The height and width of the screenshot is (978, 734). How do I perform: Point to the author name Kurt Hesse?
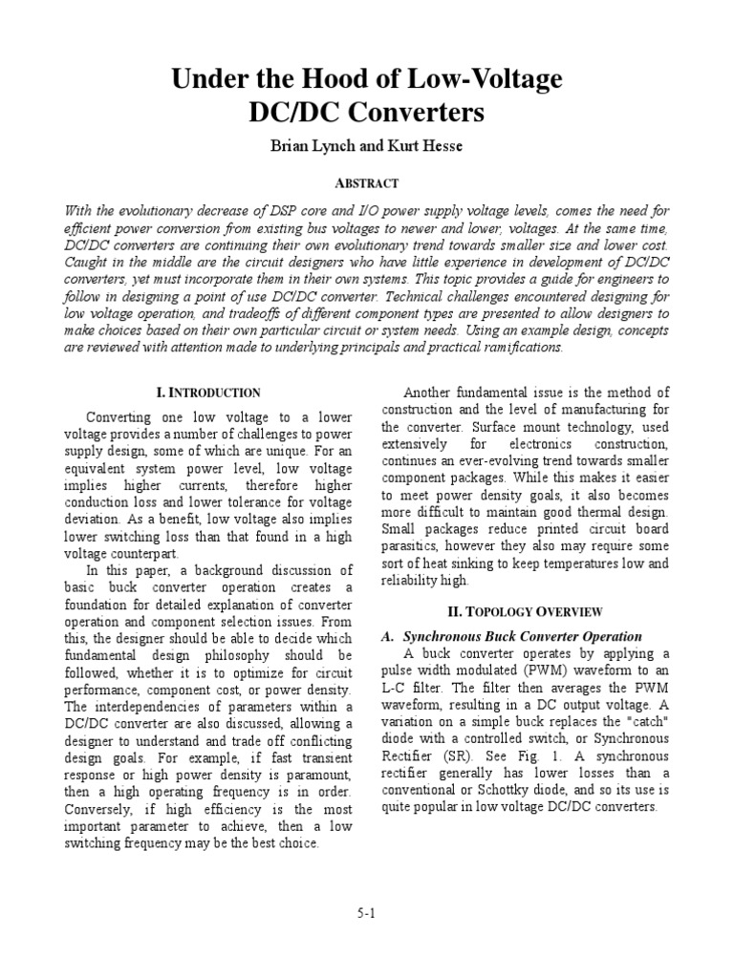click(420, 146)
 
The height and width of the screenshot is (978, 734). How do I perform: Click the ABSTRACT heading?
click(367, 182)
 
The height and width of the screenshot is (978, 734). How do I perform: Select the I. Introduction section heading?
click(208, 393)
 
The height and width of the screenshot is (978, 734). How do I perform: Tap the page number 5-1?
click(367, 913)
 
